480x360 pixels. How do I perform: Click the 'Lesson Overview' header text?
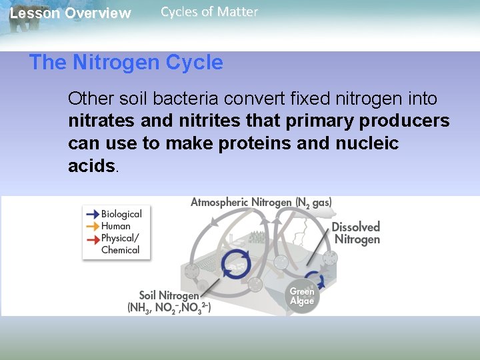point(71,13)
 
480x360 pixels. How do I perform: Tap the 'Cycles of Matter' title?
point(209,11)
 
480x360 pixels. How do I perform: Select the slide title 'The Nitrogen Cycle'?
point(126,63)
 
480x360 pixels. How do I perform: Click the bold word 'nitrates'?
point(101,121)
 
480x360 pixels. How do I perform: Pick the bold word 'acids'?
point(91,166)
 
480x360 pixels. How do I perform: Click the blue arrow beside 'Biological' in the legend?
point(91,214)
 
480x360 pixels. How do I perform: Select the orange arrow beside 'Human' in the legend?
point(91,226)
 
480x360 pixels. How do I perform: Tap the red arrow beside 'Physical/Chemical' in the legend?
point(91,238)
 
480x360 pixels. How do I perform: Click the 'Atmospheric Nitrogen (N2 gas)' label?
point(261,202)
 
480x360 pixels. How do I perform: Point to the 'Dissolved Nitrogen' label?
point(357,233)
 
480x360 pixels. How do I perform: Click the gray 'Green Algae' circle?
point(302,296)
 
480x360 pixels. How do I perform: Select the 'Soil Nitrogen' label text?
point(169,295)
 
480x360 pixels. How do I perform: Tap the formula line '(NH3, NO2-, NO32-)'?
point(169,308)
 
